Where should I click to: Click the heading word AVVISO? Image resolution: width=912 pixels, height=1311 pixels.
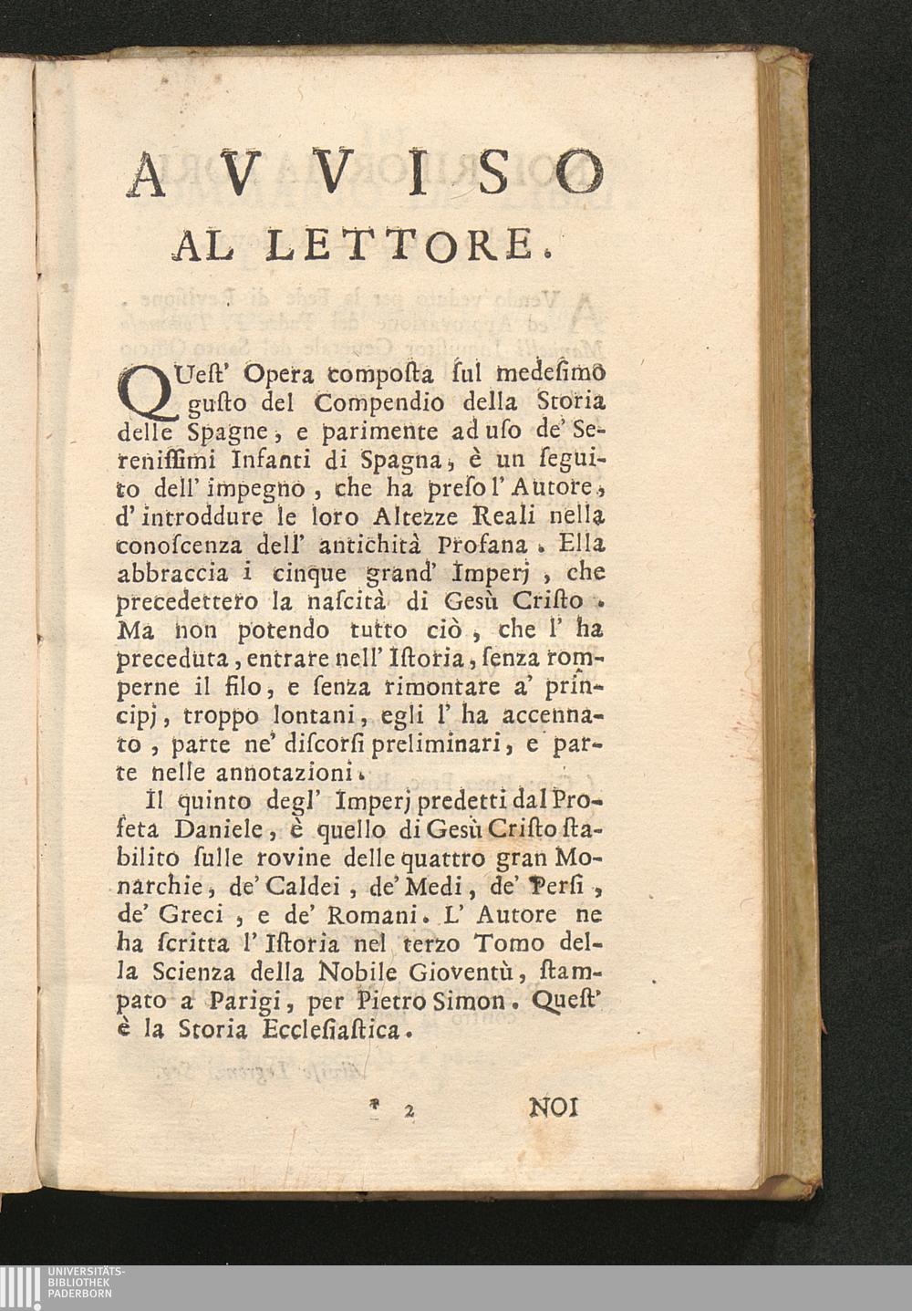pyautogui.click(x=365, y=172)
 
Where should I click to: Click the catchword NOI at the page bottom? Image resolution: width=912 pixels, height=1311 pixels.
pyautogui.click(x=554, y=1108)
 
